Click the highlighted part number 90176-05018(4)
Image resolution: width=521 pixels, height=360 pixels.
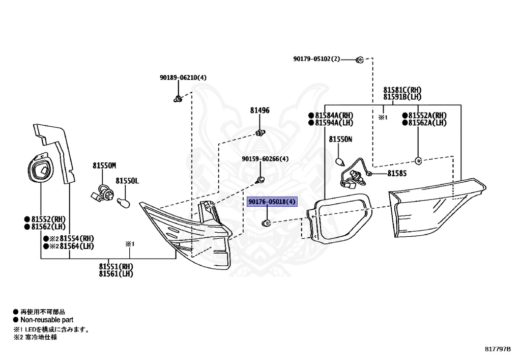pos(272,202)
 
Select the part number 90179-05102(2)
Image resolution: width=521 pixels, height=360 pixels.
pos(316,59)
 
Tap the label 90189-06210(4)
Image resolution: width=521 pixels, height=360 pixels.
pos(183,77)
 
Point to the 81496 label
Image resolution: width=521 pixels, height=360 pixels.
pos(260,110)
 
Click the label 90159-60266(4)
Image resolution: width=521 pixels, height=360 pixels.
pos(265,159)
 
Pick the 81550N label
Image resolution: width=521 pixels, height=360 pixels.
pos(340,140)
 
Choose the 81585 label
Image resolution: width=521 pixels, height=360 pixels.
pos(397,173)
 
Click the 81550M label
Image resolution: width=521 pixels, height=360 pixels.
pos(104,165)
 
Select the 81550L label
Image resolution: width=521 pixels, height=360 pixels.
pos(127,181)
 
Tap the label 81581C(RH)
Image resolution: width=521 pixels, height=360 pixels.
pos(402,90)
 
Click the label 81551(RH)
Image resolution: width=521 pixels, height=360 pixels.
pos(116,267)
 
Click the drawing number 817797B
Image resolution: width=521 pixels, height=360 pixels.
pos(498,349)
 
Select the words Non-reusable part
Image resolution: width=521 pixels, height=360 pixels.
pos(47,320)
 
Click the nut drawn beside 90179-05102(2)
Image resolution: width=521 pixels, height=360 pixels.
pos(360,60)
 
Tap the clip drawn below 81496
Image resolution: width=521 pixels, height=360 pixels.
pos(260,133)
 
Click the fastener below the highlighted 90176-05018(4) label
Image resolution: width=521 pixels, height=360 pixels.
pos(267,223)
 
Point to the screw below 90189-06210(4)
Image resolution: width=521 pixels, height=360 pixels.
pos(178,99)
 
